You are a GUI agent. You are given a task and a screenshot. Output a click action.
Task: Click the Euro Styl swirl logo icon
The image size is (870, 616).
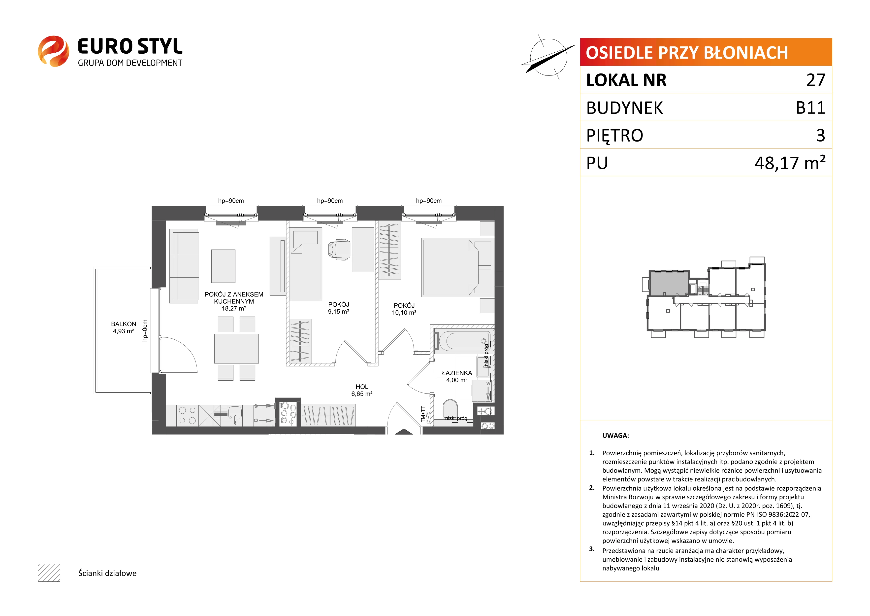53,51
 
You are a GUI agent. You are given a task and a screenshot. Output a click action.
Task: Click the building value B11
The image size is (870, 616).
810,108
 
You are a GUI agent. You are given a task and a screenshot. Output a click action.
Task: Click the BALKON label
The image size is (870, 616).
124,324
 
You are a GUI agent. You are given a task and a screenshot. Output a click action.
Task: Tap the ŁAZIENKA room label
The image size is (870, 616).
457,373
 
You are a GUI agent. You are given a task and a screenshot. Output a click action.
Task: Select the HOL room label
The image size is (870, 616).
362,387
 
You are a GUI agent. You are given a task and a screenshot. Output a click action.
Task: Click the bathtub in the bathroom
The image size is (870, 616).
462,341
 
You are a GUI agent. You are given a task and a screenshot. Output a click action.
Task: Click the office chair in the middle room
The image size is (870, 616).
339,250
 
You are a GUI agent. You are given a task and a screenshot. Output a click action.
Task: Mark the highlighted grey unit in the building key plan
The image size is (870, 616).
669,283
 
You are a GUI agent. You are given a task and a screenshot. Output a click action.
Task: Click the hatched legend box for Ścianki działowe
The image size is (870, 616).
49,573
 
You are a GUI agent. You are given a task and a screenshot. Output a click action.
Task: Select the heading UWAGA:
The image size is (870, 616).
615,435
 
